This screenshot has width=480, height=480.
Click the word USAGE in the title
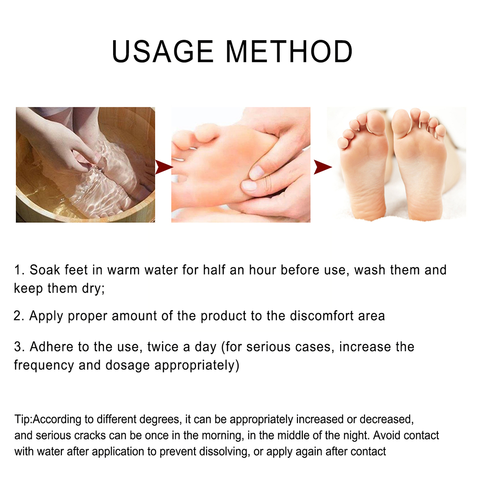(162, 51)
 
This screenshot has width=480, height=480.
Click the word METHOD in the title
(289, 51)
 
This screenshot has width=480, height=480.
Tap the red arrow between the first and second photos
(164, 167)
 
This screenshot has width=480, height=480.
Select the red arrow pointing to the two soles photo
(323, 167)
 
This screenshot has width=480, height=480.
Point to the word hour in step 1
(263, 270)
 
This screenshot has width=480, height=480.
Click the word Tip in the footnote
(23, 419)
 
